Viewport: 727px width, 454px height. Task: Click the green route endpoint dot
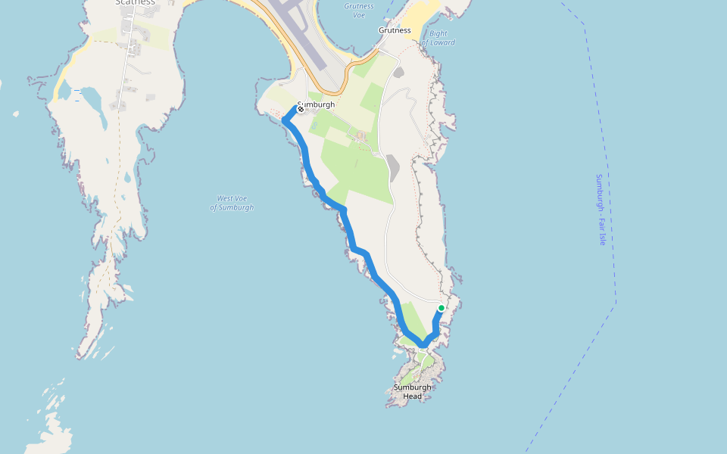[x=442, y=308]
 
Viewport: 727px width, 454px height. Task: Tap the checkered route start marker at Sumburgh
[x=301, y=109]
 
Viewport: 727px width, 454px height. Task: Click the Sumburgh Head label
[x=413, y=391]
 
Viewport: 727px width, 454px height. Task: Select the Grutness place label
[x=395, y=30]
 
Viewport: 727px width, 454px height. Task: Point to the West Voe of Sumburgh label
[x=232, y=203]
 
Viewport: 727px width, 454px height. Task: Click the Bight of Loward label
[x=438, y=38]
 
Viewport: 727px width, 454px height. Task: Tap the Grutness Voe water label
[x=359, y=10]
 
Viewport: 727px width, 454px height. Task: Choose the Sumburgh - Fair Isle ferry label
[x=600, y=210]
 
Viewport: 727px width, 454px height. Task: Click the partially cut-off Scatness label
[x=136, y=2]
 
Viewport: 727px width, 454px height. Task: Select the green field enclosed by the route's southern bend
[x=413, y=318]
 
